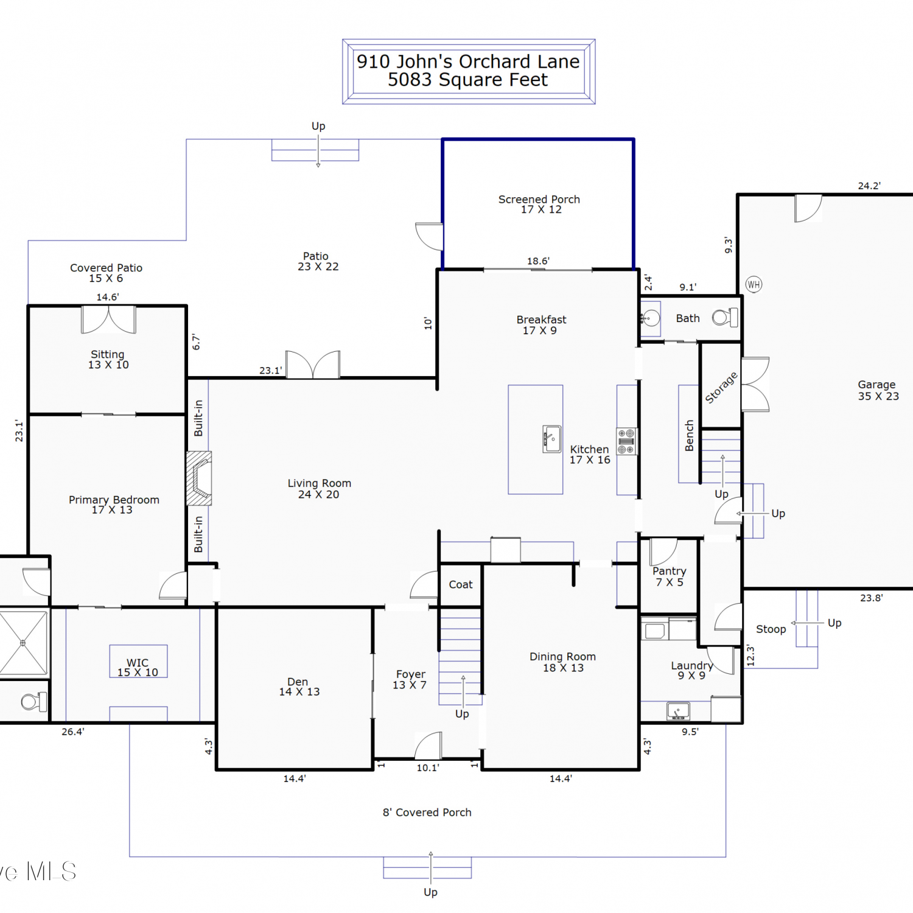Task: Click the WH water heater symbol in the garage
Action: [754, 284]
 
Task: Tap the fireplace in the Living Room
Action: [199, 478]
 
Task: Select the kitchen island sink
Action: [552, 439]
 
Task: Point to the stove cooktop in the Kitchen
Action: [626, 441]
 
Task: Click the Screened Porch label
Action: [539, 205]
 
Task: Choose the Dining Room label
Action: [563, 662]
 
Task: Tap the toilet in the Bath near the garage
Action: [725, 317]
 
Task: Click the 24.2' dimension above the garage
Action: [869, 186]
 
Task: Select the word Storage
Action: [721, 388]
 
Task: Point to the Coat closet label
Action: [461, 584]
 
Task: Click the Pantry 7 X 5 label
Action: [670, 576]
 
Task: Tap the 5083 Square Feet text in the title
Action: [468, 80]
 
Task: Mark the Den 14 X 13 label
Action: [299, 687]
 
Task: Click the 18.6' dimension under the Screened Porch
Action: [538, 261]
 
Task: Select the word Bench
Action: [689, 436]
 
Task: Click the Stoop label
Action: [771, 629]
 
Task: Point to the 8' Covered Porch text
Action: [427, 813]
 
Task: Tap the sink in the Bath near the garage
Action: [650, 318]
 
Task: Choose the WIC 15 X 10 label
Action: [138, 667]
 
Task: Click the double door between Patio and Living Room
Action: [313, 365]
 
